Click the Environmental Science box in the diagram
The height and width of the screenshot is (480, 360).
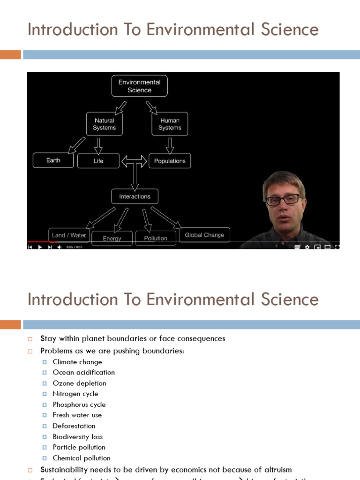(139, 86)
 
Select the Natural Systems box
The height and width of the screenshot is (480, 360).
(104, 124)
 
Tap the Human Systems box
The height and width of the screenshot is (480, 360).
(170, 124)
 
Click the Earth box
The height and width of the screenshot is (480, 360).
(53, 160)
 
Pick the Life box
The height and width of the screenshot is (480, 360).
(98, 161)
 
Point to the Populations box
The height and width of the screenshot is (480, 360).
(170, 161)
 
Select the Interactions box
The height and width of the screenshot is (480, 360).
(135, 196)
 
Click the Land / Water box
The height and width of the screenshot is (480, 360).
(69, 235)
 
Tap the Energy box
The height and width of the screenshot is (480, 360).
(112, 238)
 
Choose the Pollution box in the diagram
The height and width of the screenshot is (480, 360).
(156, 238)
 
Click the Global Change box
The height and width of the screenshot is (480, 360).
(204, 235)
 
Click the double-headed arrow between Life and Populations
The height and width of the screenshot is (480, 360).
(135, 161)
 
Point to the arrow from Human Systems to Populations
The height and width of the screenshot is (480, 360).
(170, 145)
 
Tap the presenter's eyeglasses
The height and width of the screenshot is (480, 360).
(283, 200)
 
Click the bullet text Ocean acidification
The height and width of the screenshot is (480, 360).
(83, 372)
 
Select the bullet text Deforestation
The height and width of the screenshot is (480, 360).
(74, 426)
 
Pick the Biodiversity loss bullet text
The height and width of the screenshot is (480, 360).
(78, 436)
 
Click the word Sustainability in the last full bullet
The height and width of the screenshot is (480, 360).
(63, 469)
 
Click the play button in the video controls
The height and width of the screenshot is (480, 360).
(40, 247)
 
